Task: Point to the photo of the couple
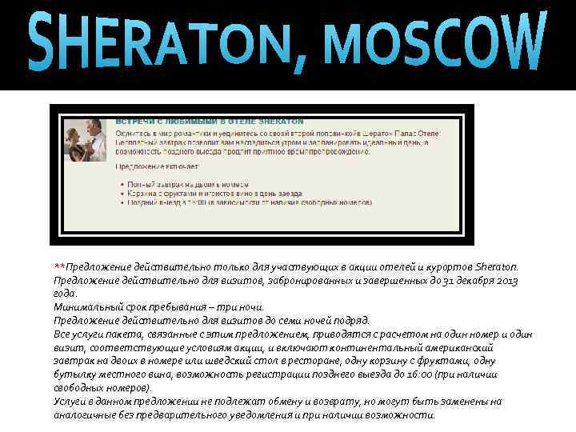(86, 139)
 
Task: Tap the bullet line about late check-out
(240, 203)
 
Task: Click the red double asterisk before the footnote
(59, 266)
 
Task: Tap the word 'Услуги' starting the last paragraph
(70, 402)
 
